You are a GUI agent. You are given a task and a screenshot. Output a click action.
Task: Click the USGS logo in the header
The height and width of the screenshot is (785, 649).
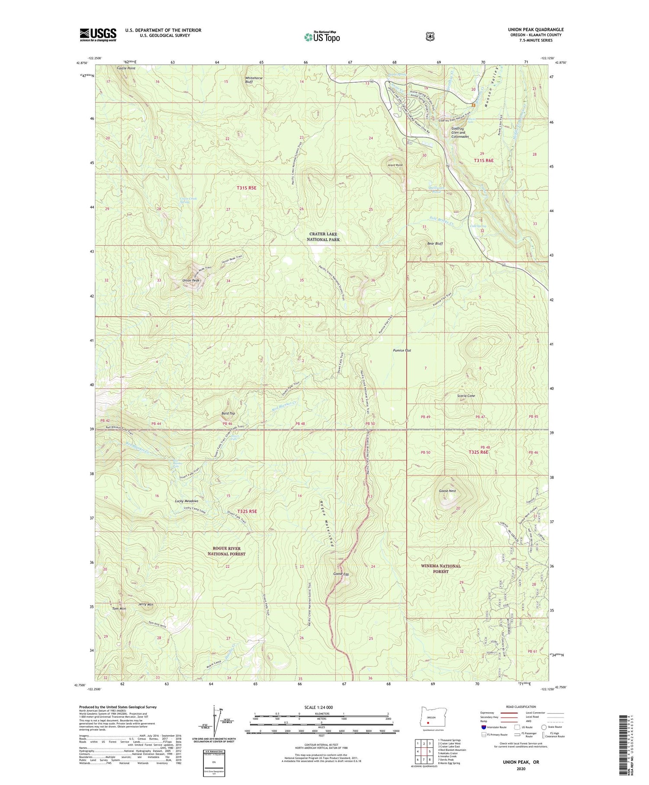[98, 35]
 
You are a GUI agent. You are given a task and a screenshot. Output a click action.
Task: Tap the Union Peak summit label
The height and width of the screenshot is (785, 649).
[191, 281]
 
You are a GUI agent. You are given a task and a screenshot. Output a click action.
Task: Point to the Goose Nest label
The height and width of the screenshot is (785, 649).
[447, 491]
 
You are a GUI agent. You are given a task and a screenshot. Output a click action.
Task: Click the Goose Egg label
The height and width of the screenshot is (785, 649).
[341, 574]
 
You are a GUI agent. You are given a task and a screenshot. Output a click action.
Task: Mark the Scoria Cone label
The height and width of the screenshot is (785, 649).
[466, 396]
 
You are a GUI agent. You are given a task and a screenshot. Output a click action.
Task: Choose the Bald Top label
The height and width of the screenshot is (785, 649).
[228, 413]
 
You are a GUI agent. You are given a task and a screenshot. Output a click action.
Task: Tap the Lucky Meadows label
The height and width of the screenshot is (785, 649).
[186, 501]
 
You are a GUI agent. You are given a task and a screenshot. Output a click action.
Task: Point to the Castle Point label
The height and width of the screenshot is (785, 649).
[126, 68]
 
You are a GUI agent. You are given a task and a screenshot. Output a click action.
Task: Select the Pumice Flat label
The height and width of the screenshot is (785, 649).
[402, 350]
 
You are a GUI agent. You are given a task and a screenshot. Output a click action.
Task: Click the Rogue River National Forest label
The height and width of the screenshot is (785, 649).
[226, 551]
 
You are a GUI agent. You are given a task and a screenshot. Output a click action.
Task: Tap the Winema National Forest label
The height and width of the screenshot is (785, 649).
[441, 569]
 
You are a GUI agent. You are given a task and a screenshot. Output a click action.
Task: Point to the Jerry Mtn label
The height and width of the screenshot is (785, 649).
[146, 604]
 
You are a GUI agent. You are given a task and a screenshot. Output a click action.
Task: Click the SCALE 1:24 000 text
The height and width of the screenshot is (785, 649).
[318, 707]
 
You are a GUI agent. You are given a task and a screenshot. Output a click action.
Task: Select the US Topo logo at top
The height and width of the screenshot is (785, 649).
[322, 36]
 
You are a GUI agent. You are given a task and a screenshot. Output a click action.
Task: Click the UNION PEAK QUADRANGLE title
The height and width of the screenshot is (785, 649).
[535, 30]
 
